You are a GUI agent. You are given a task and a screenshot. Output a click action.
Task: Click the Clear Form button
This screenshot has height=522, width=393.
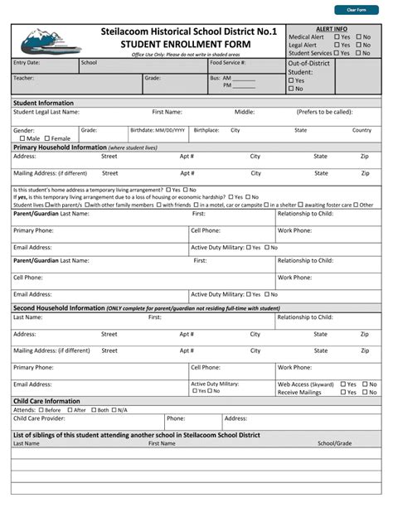[x=356, y=10]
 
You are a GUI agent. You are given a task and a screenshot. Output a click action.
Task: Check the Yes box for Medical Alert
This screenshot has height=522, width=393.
[x=337, y=37]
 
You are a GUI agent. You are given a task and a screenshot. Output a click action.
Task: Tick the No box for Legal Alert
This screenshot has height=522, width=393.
[x=358, y=46]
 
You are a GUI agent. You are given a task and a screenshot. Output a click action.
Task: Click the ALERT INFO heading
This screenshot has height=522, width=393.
[x=332, y=29]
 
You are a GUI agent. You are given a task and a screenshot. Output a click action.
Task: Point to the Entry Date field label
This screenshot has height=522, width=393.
[x=27, y=62]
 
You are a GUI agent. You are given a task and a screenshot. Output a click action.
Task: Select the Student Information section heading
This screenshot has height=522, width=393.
[x=43, y=103]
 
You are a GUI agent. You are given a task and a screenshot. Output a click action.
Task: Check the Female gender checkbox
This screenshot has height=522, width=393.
[x=47, y=138]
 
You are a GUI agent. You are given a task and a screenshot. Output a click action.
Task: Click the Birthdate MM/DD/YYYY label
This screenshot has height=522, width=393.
[x=158, y=130]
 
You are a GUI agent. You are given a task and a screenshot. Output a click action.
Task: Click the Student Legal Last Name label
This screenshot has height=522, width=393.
[x=46, y=112]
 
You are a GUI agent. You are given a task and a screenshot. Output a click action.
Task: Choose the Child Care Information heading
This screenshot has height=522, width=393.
[x=46, y=401]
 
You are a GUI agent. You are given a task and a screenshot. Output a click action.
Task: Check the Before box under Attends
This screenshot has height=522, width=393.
[x=41, y=410]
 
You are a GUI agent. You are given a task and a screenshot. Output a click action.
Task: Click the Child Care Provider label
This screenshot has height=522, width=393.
[x=39, y=418]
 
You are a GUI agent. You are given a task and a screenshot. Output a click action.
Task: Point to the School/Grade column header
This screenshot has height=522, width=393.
[x=334, y=443]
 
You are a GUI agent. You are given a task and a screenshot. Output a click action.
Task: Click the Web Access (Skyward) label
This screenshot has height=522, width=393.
[x=305, y=384]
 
